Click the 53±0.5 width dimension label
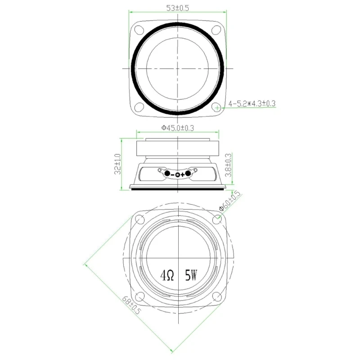[x=177, y=8]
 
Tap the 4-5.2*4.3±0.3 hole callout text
[x=252, y=103]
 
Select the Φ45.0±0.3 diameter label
[x=178, y=128]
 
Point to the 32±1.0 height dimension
[x=117, y=164]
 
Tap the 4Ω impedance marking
[x=167, y=274]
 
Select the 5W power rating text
[x=191, y=274]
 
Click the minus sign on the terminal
[x=172, y=175]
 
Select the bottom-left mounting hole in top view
[x=139, y=107]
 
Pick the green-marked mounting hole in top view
[x=217, y=108]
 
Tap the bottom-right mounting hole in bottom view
[x=218, y=296]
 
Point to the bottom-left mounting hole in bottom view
[x=139, y=296]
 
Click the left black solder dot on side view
[x=166, y=174]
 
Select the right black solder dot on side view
[x=189, y=174]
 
